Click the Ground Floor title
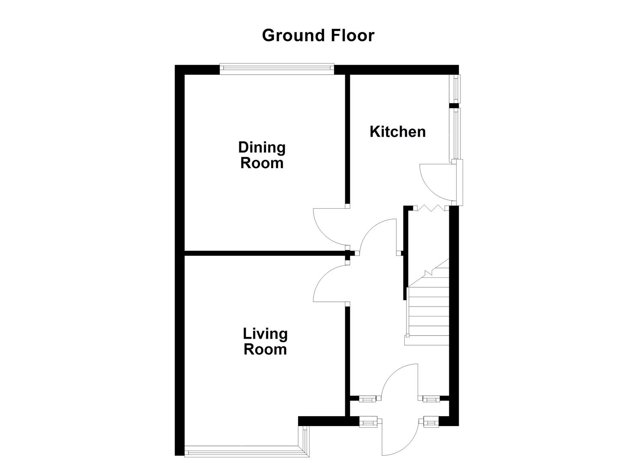(318, 35)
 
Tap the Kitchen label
(397, 132)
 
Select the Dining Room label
(262, 155)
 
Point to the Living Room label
(265, 341)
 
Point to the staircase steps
(428, 313)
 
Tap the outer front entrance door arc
(400, 442)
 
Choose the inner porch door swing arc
(398, 379)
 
